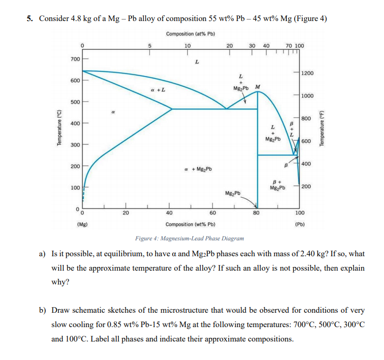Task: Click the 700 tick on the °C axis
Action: [75, 59]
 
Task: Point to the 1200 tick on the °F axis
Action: [308, 73]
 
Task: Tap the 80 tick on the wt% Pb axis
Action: [256, 212]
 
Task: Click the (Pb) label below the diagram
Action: [300, 224]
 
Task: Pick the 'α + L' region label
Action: [157, 90]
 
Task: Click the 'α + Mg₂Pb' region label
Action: [197, 169]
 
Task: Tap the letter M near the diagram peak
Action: [257, 86]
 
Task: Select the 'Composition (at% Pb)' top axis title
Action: [190, 34]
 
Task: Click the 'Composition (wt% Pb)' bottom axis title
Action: [190, 224]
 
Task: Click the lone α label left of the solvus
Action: [113, 111]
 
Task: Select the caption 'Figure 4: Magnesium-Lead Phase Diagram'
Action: [189, 238]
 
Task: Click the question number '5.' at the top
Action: [30, 19]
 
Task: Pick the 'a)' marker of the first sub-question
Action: [43, 254]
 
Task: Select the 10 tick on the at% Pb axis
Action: [187, 45]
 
